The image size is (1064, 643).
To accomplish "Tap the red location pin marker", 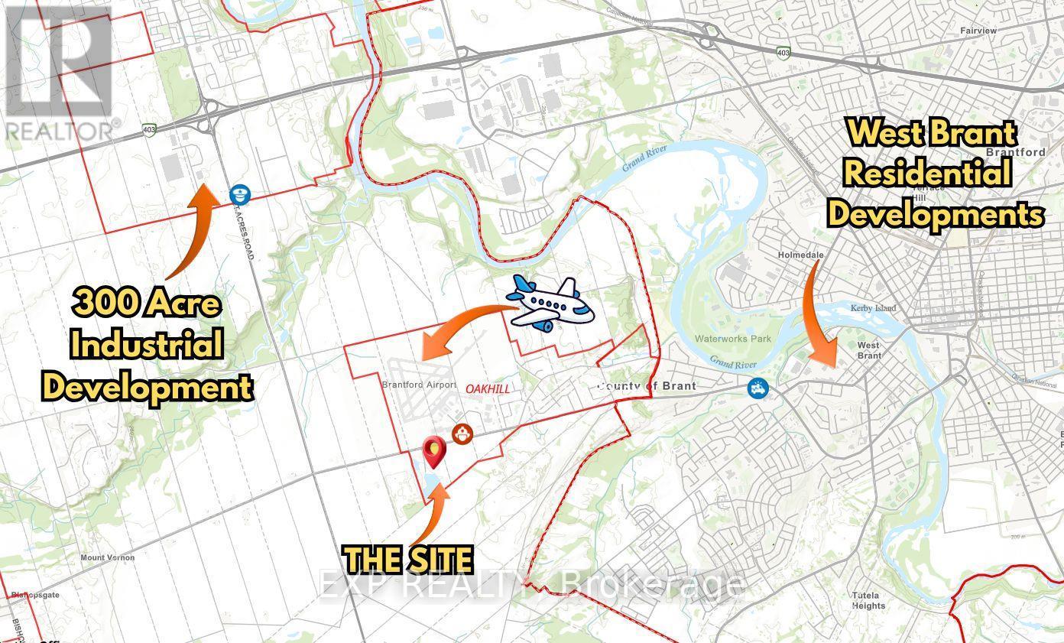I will point(434,451).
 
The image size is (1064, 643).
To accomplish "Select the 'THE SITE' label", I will point(407,560).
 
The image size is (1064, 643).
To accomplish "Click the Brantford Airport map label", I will point(413,385).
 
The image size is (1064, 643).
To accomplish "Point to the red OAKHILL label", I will point(487,388).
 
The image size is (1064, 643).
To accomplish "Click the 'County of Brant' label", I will point(647,385).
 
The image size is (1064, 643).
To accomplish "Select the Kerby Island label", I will point(873,308).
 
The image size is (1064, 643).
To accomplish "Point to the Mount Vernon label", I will point(107,557).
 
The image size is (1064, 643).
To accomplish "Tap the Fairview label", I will point(978,31).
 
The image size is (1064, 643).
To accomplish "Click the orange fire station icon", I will point(462,434).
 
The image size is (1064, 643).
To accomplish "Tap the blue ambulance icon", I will point(758,388).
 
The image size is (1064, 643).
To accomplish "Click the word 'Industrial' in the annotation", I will point(147,346).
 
